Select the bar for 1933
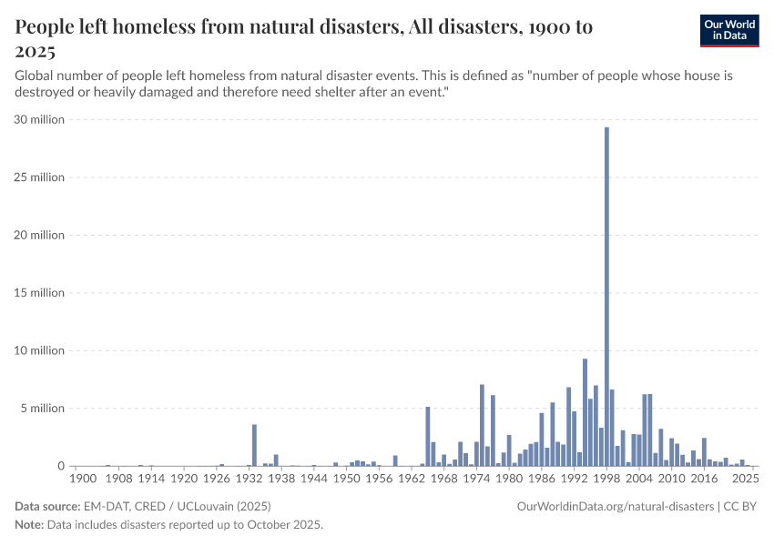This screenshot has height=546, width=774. [254, 445]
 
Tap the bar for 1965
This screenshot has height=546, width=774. [428, 437]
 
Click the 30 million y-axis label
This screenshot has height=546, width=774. [39, 119]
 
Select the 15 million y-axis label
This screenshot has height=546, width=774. [39, 293]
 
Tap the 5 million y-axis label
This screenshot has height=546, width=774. [42, 409]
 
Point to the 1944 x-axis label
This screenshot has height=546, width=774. [314, 478]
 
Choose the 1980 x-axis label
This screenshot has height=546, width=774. [509, 478]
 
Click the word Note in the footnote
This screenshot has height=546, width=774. [29, 525]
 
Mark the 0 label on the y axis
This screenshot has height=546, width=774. [59, 466]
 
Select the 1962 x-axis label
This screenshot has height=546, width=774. [412, 478]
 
